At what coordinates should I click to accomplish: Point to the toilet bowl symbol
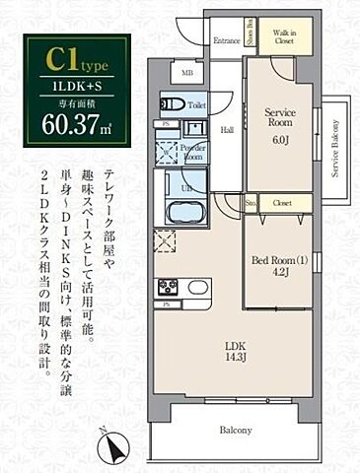(171, 103)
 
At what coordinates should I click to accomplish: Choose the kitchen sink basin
(197, 287)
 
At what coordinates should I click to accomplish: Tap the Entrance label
(227, 41)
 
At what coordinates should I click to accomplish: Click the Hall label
(226, 128)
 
